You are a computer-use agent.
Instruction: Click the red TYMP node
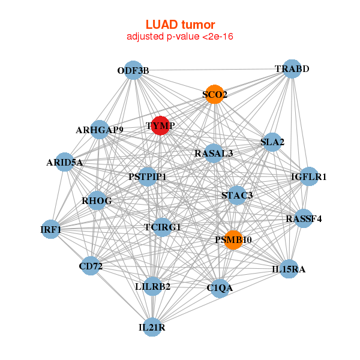[160, 125]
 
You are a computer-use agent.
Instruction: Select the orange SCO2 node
[214, 94]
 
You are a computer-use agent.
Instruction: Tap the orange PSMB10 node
[233, 239]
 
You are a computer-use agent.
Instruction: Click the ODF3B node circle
[133, 71]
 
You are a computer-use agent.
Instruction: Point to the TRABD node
[291, 69]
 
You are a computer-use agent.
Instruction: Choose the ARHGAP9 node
[100, 130]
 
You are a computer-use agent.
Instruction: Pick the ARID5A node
[65, 162]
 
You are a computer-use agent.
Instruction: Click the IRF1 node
[52, 229]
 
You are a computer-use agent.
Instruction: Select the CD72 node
[90, 266]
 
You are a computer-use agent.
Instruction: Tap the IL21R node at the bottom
[152, 327]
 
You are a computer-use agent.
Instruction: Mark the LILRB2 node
[153, 286]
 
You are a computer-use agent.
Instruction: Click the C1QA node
[220, 288]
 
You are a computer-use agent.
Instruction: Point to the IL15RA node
[289, 269]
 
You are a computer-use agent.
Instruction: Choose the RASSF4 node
[303, 218]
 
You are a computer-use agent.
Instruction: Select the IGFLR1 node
[308, 176]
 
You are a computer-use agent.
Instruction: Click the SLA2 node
[272, 142]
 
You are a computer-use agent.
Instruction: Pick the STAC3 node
[237, 195]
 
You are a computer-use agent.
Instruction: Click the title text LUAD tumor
[180, 25]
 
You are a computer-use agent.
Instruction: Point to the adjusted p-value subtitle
[180, 37]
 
